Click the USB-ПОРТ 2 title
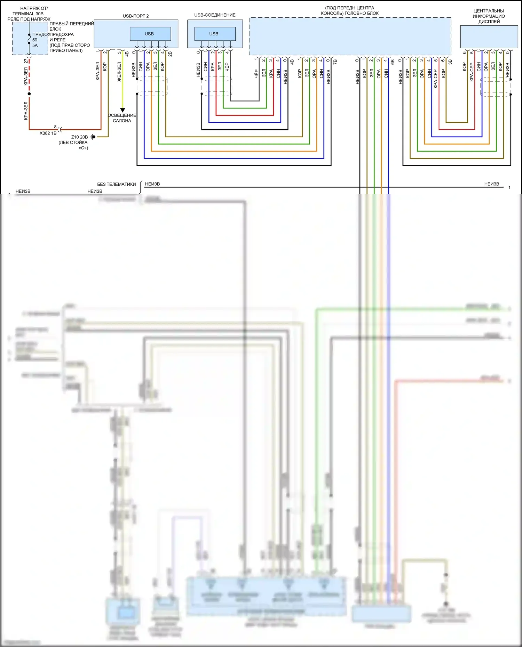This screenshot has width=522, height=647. (x=136, y=16)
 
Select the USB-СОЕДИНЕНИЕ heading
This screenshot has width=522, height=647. (x=215, y=15)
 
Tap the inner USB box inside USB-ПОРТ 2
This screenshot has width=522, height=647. (x=150, y=34)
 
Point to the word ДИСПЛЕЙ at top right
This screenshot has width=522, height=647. (x=489, y=22)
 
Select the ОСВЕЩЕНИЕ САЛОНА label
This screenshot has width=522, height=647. (x=122, y=118)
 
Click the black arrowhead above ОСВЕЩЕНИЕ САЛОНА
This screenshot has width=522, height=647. (x=122, y=110)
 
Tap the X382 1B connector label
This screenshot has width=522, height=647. (x=48, y=133)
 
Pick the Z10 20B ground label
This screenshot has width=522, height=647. (x=79, y=137)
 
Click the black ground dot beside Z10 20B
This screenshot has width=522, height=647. (x=94, y=137)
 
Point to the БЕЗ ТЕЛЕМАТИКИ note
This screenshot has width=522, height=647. (x=116, y=184)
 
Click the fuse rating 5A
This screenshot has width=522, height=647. (x=35, y=46)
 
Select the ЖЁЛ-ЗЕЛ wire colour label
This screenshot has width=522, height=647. (x=119, y=72)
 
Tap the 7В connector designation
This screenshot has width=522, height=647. (x=335, y=62)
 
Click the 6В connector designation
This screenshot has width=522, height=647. (x=393, y=62)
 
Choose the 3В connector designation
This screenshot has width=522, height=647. (x=450, y=62)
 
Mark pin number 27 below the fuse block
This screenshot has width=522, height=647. (x=26, y=61)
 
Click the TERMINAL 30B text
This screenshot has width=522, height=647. (x=28, y=14)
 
